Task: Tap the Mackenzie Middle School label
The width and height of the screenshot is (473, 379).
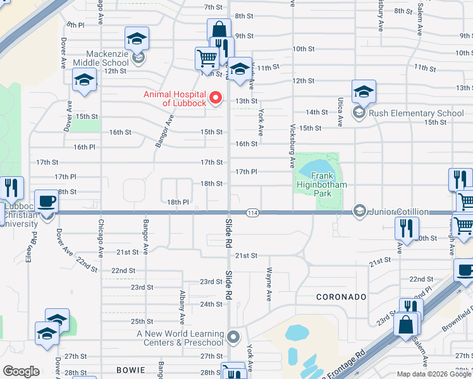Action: (101, 58)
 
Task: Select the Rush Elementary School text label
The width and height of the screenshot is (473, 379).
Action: (416, 114)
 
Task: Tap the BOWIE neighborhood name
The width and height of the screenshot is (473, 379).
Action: (131, 369)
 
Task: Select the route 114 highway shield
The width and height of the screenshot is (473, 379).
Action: (252, 212)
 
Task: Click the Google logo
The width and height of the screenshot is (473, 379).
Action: (21, 371)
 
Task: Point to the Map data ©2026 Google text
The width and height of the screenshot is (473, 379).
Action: (434, 374)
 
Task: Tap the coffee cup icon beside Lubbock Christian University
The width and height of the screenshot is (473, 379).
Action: (46, 202)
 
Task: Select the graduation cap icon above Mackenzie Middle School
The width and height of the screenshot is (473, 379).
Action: (137, 39)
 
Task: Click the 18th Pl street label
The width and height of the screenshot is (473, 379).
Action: (178, 202)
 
